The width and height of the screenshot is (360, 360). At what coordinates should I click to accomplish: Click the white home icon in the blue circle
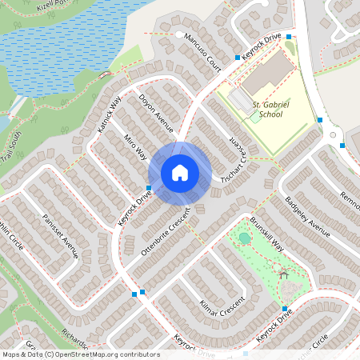180,173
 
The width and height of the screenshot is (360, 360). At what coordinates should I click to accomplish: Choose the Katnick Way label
109,114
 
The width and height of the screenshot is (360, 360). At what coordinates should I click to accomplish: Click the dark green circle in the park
244,238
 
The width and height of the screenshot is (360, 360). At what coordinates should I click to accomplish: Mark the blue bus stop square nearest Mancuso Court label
238,57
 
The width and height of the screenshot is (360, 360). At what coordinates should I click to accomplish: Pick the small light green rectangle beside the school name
254,117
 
